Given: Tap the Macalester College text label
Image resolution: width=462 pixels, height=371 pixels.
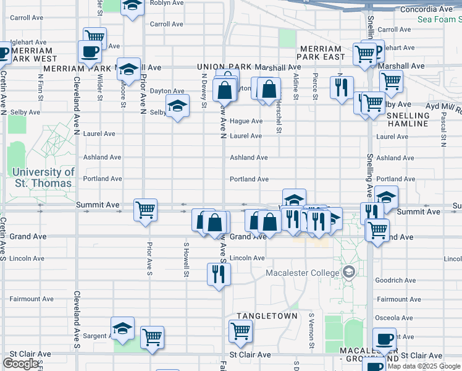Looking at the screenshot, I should [x=302, y=273].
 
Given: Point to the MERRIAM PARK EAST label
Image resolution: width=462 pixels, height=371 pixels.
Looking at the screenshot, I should [x=320, y=53].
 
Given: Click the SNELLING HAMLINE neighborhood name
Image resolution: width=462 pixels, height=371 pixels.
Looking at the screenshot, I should [x=408, y=119].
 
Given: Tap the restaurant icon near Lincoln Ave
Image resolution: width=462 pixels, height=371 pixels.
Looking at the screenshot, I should [x=219, y=274].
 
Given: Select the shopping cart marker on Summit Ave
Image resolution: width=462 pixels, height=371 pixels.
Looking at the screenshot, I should [x=145, y=209].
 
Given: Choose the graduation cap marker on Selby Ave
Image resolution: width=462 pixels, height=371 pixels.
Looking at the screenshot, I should [x=177, y=106].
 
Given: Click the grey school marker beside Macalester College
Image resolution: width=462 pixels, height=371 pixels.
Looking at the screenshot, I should [x=349, y=273].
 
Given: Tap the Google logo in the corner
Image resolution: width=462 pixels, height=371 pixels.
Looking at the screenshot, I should [x=20, y=364].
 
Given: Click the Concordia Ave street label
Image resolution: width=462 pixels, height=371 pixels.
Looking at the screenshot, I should [x=426, y=9].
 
